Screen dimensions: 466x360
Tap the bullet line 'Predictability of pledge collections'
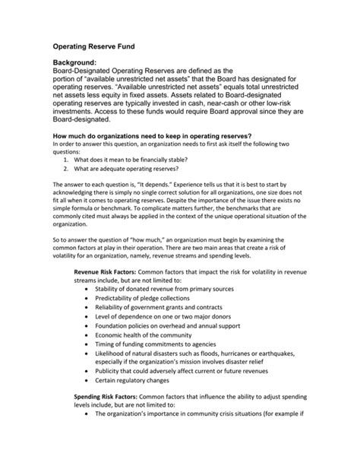151,301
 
